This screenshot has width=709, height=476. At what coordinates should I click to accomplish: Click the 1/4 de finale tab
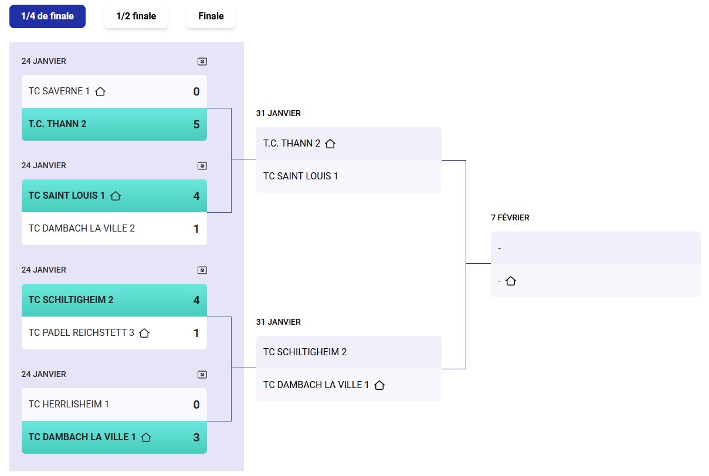coord(48,16)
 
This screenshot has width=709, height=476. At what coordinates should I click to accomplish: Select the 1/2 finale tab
coord(136,16)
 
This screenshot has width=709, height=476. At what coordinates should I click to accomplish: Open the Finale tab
coord(211,16)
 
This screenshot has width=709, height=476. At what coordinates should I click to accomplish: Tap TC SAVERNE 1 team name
coord(59,91)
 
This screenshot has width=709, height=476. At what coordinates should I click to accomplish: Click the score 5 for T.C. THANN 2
coord(196,124)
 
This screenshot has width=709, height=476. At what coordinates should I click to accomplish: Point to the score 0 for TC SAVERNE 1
coord(196,91)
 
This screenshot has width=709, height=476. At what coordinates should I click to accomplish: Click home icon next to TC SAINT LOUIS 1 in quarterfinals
coord(116,196)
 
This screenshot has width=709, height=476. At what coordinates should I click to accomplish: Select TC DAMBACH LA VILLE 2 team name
coord(82,229)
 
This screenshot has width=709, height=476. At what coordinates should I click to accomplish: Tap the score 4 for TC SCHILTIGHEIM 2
coord(196,300)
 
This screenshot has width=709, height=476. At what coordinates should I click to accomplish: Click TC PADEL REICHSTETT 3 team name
coord(82,333)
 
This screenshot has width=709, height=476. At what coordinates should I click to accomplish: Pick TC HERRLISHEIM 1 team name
coord(69,404)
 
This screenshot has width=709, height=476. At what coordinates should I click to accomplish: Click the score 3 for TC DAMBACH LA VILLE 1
coord(196,437)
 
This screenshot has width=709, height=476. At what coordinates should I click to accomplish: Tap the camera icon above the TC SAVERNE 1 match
coord(202,62)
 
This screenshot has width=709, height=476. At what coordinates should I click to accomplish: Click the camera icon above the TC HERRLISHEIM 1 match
coord(202,375)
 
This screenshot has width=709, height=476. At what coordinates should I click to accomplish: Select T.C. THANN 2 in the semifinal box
coord(292,144)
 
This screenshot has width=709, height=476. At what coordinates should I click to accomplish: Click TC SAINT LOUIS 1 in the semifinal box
coord(301,176)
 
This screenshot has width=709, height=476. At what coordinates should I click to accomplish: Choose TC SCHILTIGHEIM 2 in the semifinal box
coord(305,352)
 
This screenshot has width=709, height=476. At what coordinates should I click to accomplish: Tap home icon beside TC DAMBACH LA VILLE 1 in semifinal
coord(379,385)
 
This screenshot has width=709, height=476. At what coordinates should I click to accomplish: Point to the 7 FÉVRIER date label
coord(510,218)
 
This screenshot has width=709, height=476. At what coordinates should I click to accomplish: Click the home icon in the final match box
coord(511,281)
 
